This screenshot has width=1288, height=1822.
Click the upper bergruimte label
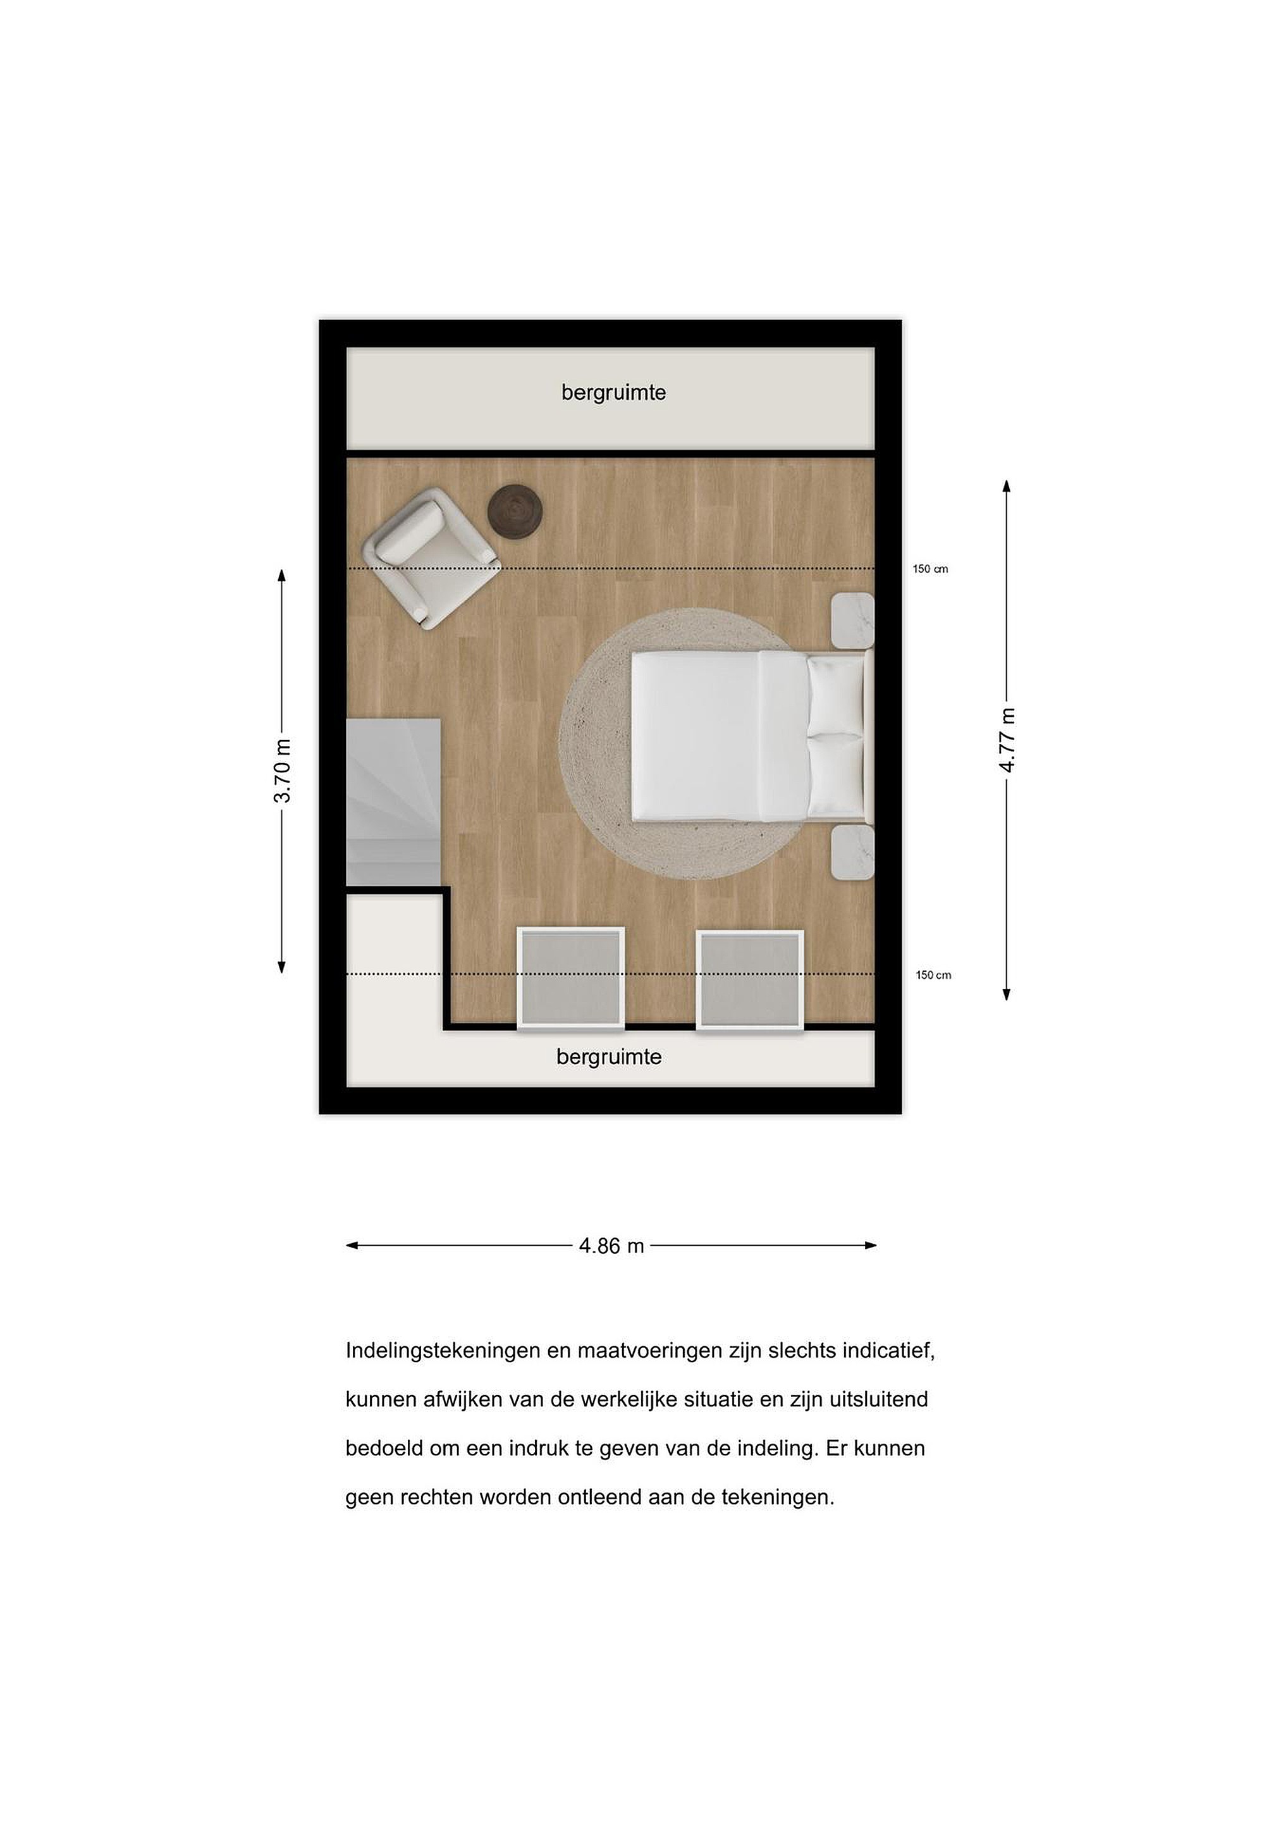[613, 393]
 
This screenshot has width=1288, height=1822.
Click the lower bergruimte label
[608, 1057]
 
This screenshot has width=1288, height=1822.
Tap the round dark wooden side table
[515, 512]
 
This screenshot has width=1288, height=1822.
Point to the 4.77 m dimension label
[1007, 740]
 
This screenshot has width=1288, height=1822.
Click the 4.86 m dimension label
[611, 1246]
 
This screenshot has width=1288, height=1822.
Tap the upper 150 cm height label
[930, 569]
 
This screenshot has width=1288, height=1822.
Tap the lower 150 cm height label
[933, 976]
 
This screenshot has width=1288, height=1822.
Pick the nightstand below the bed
[852, 852]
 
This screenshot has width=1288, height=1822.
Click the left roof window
[571, 979]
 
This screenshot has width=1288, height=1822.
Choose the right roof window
[751, 981]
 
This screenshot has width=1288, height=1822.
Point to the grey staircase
[393, 802]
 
